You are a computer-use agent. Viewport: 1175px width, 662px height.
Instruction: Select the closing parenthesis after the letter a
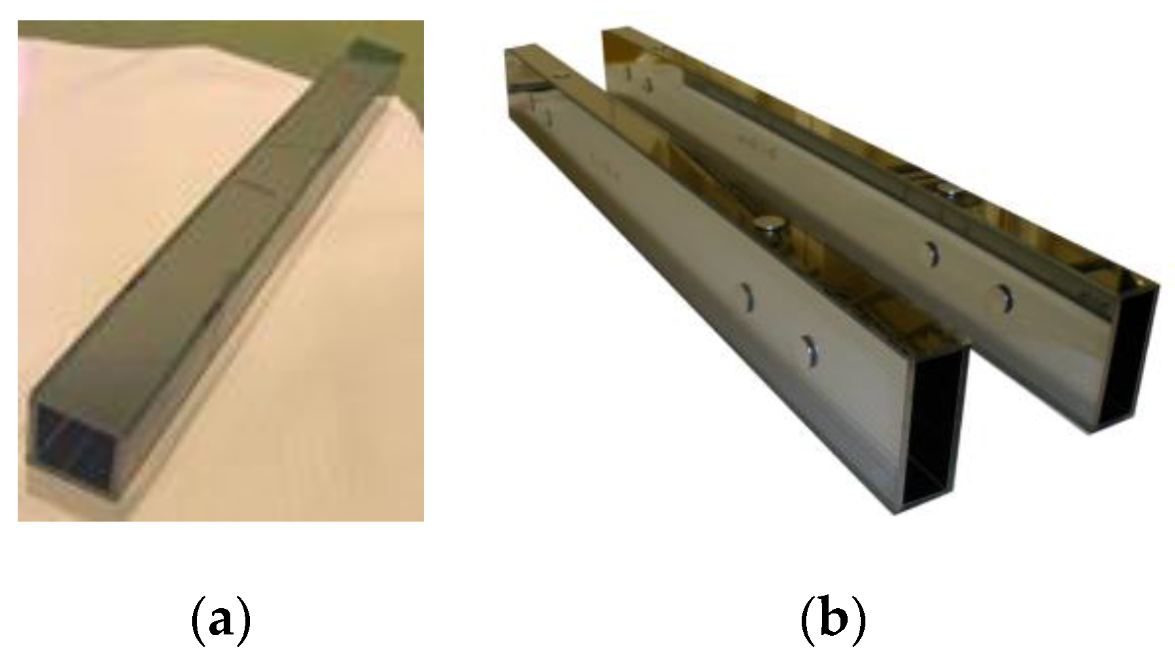tap(244, 619)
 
